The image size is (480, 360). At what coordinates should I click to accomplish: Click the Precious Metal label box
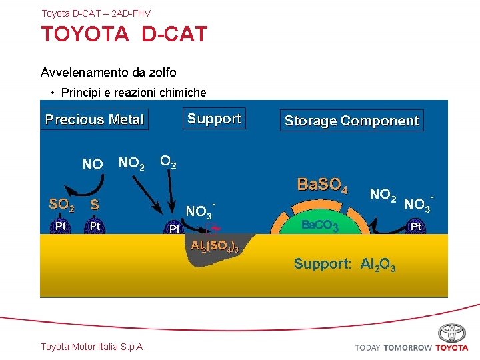[94, 119]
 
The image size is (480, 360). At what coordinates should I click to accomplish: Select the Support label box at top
[214, 119]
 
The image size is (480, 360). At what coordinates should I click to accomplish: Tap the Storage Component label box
[351, 121]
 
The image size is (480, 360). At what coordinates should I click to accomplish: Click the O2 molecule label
[169, 161]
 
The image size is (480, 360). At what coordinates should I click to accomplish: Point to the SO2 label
[62, 204]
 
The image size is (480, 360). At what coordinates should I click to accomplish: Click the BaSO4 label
[322, 185]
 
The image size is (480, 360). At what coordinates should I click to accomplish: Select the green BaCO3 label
[320, 226]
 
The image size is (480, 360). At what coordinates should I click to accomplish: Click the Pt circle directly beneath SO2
[61, 226]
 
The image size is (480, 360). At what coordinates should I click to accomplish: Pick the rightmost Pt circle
[416, 227]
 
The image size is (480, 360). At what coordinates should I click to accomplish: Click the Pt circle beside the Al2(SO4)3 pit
[175, 229]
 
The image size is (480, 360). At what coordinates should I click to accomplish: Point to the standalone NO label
[92, 164]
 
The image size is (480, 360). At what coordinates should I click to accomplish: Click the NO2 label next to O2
[131, 163]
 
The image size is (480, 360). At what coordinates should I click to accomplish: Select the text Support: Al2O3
[345, 264]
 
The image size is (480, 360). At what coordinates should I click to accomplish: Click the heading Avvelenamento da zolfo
[108, 71]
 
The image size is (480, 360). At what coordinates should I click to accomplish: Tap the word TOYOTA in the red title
[85, 35]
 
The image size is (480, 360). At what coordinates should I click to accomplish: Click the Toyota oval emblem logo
[452, 333]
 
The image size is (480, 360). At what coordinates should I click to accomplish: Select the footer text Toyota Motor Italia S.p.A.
[93, 346]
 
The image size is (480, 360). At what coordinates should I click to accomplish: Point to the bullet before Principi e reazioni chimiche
[52, 93]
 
